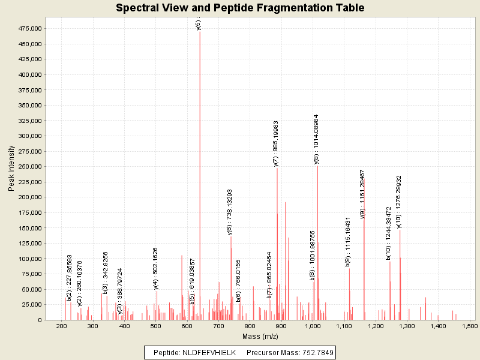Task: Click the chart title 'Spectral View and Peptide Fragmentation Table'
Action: coord(240,8)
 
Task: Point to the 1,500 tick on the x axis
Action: coord(469,326)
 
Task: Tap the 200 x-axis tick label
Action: coord(61,326)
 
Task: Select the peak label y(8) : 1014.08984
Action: coord(317,139)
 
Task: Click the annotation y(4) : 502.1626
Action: coord(156,268)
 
